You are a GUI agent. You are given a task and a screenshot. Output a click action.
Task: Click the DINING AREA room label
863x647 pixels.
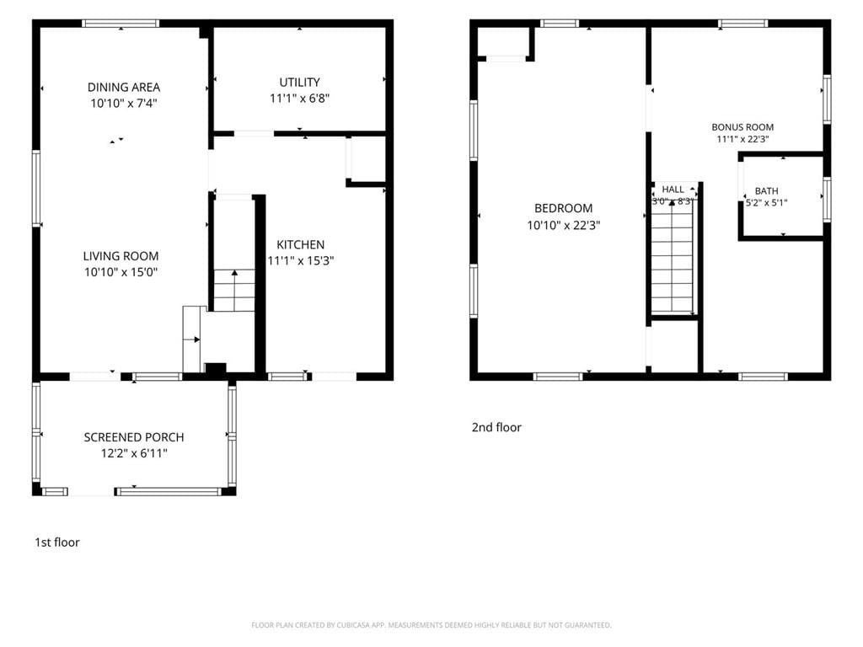(x=124, y=87)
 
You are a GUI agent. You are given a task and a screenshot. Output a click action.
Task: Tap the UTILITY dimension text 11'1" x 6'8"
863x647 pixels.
(x=299, y=99)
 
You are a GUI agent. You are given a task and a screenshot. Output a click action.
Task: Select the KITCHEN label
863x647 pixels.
(x=301, y=244)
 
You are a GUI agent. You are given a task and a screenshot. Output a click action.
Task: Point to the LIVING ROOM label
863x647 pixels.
(x=121, y=256)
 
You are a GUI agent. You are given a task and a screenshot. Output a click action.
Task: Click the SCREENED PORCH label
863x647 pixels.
(x=134, y=437)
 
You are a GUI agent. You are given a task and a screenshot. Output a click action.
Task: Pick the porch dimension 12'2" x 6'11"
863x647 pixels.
(x=134, y=453)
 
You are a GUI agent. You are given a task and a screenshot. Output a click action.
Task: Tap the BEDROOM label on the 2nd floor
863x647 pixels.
(x=564, y=208)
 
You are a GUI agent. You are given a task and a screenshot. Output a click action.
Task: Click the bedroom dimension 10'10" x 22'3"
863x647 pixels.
(x=564, y=225)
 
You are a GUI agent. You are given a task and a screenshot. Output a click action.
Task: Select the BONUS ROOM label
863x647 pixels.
(x=742, y=127)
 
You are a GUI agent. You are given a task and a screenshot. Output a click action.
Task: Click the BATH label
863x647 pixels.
(x=767, y=191)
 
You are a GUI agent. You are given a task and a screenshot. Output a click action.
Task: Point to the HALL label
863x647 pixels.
(x=673, y=190)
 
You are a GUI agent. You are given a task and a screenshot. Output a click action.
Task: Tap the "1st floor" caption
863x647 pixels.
(x=57, y=543)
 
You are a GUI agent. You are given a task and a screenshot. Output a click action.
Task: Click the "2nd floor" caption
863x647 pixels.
(x=496, y=427)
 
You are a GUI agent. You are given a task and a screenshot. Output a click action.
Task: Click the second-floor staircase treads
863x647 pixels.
(x=673, y=263)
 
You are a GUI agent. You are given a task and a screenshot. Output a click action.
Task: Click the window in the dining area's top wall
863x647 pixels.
(x=121, y=23)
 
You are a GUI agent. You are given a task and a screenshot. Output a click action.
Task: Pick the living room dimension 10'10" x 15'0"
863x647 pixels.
(x=121, y=272)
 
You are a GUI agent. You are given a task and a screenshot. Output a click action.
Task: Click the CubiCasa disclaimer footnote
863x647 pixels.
(x=431, y=625)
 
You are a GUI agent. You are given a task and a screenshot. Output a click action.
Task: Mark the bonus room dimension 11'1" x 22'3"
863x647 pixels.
(x=742, y=139)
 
